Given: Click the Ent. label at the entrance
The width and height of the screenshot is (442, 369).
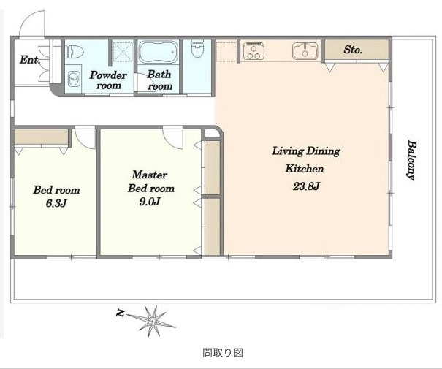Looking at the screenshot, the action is pos(30,60).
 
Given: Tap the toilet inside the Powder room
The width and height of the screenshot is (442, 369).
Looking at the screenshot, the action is pos(75,51).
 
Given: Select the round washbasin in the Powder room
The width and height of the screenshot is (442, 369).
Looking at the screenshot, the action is pos(74,77).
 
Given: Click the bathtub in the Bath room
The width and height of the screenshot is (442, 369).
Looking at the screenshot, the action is pos(159,52).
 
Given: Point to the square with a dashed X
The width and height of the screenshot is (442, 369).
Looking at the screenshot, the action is pos(123,50).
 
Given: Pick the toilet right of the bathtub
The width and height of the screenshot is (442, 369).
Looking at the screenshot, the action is pos(197,48).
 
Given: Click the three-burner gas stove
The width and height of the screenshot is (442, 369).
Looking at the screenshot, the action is pos(254,50).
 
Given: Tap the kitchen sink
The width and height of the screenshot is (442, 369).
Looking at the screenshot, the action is pos(305,50).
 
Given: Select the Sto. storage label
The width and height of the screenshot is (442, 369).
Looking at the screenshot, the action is pos(353,50).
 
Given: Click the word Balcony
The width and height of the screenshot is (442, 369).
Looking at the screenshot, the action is pos(412,160).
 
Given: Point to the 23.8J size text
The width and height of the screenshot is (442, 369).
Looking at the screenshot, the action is pos(306,186).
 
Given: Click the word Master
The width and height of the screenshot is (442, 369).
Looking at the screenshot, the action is pos(149,175).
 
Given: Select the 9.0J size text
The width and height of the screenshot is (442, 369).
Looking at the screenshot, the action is pos(150,202).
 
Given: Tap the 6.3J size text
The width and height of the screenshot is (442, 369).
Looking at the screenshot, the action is pos(56,203).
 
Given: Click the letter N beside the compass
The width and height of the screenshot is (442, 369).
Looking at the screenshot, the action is pos(121,313).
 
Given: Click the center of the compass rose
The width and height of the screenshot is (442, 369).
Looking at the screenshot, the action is pos(153,321).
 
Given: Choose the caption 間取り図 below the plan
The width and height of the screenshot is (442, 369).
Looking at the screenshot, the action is pos(223,353).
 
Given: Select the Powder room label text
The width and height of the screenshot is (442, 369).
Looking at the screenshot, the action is pos(108,80).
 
